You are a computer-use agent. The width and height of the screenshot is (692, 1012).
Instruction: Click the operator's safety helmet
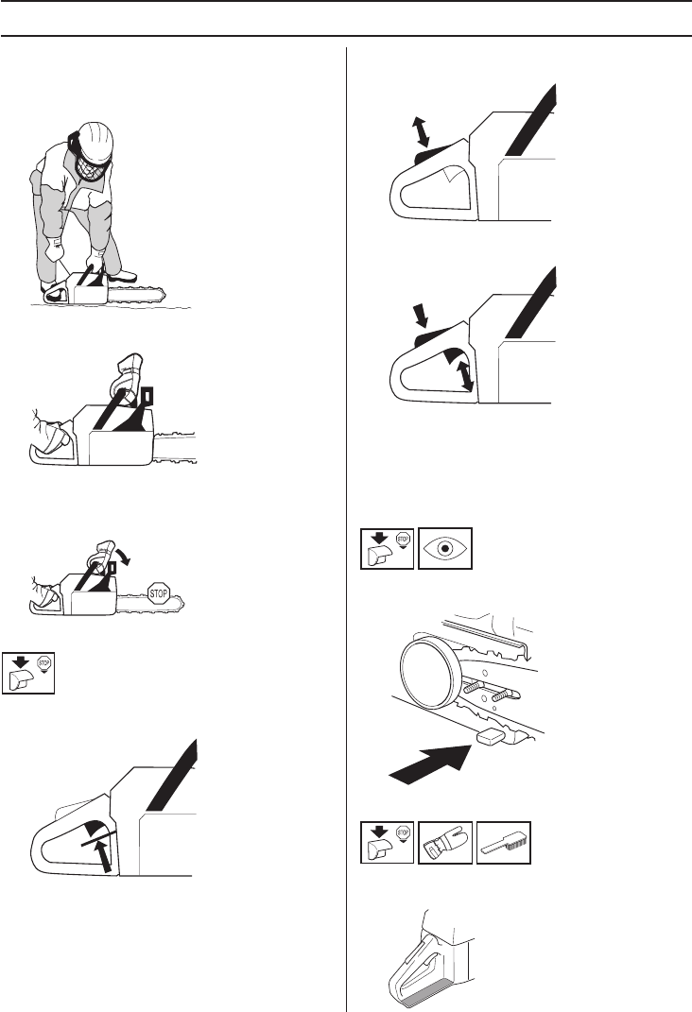pyautogui.click(x=95, y=141)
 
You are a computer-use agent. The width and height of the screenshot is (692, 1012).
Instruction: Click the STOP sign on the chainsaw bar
pyautogui.click(x=158, y=593)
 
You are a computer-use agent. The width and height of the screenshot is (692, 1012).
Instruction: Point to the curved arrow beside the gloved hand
pyautogui.click(x=124, y=555)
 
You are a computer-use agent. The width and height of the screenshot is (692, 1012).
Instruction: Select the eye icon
pyautogui.click(x=444, y=549)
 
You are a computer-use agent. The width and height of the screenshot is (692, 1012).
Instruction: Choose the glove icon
pyautogui.click(x=444, y=842)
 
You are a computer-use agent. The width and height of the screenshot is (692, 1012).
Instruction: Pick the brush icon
pyautogui.click(x=504, y=842)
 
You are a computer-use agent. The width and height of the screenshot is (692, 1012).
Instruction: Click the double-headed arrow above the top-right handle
pyautogui.click(x=422, y=131)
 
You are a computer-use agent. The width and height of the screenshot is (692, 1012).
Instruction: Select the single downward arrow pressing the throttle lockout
pyautogui.click(x=421, y=317)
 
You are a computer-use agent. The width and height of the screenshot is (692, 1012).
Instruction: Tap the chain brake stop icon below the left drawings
pyautogui.click(x=27, y=673)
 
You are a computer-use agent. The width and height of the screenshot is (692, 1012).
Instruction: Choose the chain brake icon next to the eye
pyautogui.click(x=387, y=549)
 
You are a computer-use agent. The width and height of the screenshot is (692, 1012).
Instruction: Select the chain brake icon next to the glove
pyautogui.click(x=387, y=842)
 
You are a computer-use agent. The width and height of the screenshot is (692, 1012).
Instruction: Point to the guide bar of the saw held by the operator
pyautogui.click(x=136, y=298)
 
